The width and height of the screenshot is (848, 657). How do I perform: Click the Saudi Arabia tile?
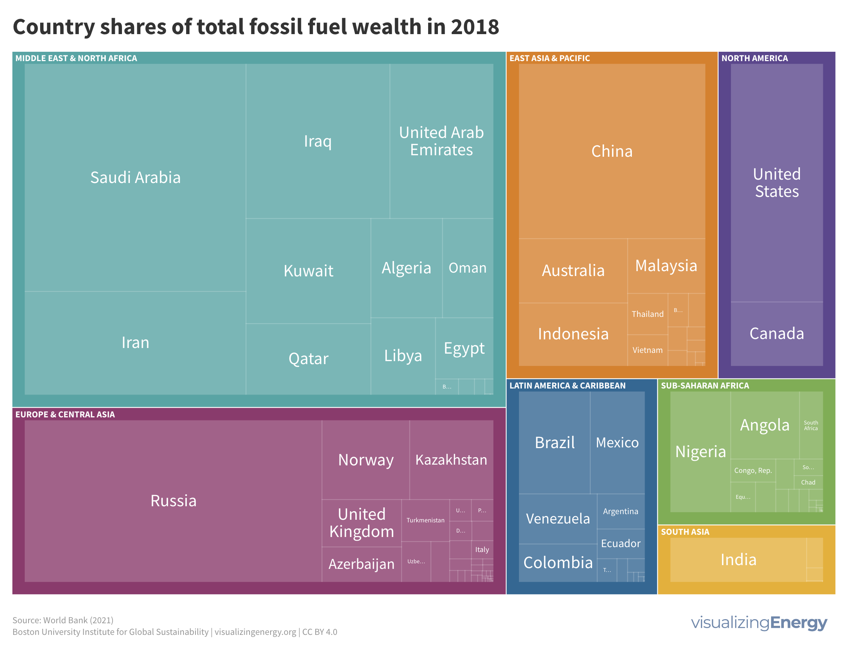(x=135, y=178)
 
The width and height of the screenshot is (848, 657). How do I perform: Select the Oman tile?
(x=468, y=268)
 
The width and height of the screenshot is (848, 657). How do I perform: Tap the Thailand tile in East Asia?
(x=647, y=314)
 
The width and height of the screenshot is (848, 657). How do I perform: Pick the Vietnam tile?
(x=647, y=350)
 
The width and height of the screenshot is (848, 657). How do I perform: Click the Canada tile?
(x=777, y=334)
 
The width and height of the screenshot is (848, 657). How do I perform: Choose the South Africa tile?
(x=811, y=425)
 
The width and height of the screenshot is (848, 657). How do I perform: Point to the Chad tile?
(x=808, y=482)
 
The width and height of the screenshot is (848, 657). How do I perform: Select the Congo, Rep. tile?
(x=753, y=470)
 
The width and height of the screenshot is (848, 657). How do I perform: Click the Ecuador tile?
(x=621, y=543)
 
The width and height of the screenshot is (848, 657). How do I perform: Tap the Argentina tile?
(x=621, y=511)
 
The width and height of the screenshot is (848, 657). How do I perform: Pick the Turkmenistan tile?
(x=425, y=520)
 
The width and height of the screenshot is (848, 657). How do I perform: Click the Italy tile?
(x=482, y=549)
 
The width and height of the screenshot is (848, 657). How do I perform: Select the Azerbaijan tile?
(x=361, y=564)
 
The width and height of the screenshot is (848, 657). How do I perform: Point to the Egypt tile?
(x=464, y=348)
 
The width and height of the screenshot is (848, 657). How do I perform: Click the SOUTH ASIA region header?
(x=685, y=532)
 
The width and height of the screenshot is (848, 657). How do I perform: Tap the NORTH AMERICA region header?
(x=755, y=58)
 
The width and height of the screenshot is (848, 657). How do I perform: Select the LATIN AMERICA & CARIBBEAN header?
(x=567, y=386)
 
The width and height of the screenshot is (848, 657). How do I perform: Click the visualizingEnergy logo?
(x=759, y=623)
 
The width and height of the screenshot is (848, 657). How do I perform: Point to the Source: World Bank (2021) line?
(x=63, y=620)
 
